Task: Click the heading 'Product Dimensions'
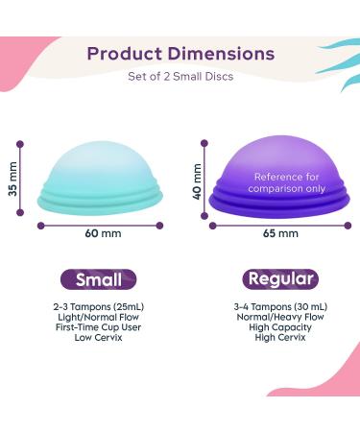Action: click(x=181, y=54)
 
